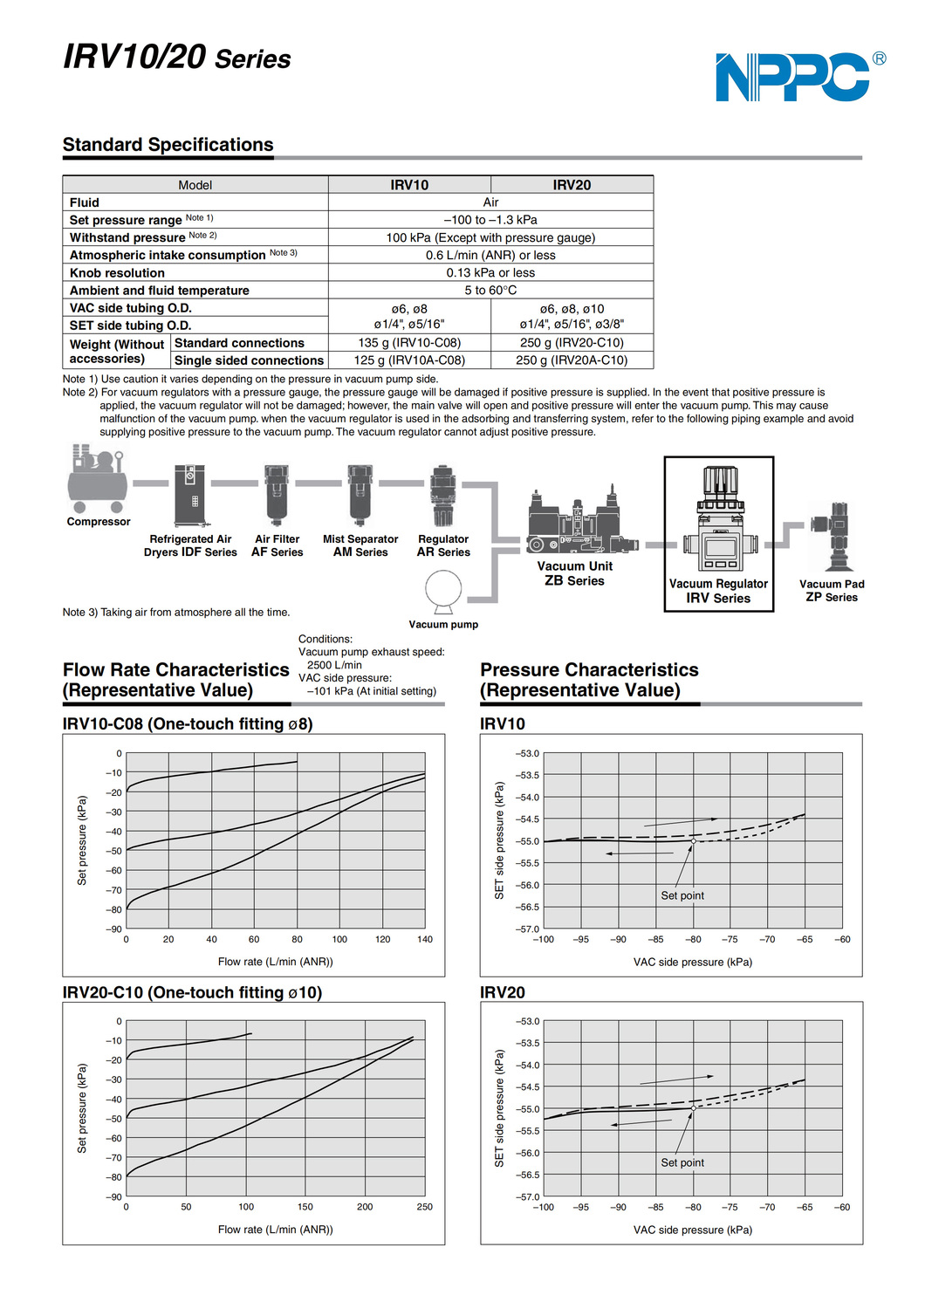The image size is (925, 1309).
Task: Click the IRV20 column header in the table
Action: [x=572, y=185]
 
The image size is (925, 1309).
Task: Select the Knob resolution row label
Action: [x=117, y=273]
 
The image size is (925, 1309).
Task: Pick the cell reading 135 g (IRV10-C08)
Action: [x=409, y=343]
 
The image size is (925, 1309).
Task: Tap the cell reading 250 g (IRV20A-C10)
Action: [x=572, y=360]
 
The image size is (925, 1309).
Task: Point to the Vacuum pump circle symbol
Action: [x=443, y=591]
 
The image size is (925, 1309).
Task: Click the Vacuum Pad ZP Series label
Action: [x=832, y=591]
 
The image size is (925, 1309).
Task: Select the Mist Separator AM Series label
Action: [x=360, y=545]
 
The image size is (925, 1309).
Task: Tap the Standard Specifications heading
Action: [x=168, y=145]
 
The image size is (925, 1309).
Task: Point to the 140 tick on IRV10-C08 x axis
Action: [x=425, y=940]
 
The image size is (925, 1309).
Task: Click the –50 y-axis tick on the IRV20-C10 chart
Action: [x=114, y=1119]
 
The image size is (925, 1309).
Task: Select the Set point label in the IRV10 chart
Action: [x=682, y=895]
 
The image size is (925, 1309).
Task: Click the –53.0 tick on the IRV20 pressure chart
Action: [x=528, y=1021]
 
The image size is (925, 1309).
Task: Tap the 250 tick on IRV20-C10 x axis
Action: [x=425, y=1207]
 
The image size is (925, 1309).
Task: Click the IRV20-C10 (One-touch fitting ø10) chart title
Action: [x=192, y=992]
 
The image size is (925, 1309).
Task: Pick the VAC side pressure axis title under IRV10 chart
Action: [x=693, y=962]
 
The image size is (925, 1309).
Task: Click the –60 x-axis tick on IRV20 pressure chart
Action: [x=842, y=1208]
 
